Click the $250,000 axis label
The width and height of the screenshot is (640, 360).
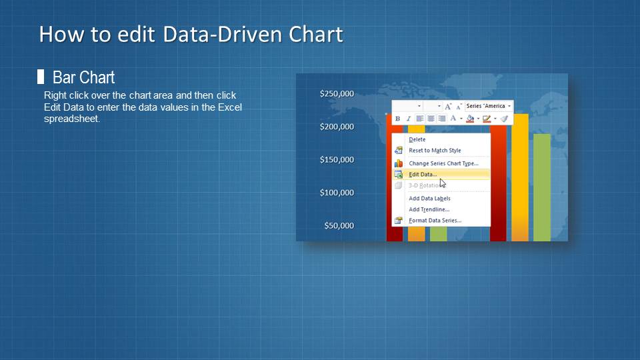pos(337,94)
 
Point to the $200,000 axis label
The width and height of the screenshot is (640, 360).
pos(337,127)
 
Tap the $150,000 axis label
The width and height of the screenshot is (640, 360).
pos(337,160)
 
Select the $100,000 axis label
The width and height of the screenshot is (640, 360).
pos(337,193)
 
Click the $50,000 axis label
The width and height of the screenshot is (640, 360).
pos(339,226)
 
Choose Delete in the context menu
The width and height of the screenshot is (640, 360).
pos(417,139)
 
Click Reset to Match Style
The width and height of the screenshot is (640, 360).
pos(435,151)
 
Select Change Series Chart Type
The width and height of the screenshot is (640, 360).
pos(443,163)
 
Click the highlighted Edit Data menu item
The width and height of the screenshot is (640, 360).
pos(423,175)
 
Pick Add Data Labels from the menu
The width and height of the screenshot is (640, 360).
pos(429,199)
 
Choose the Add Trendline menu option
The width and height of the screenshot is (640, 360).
pos(429,209)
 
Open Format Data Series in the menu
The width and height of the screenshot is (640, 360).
pos(435,221)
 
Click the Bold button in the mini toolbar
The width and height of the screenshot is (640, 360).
pos(398,119)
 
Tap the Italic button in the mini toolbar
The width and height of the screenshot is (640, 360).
pos(408,119)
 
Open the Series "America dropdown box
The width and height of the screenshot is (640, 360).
pos(489,106)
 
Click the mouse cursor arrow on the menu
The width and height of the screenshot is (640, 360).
pos(442,183)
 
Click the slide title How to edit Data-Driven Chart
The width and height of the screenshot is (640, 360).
pos(191,34)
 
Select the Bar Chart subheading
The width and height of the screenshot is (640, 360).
pos(83,77)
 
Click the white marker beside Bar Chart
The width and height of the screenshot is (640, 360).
pos(41,77)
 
